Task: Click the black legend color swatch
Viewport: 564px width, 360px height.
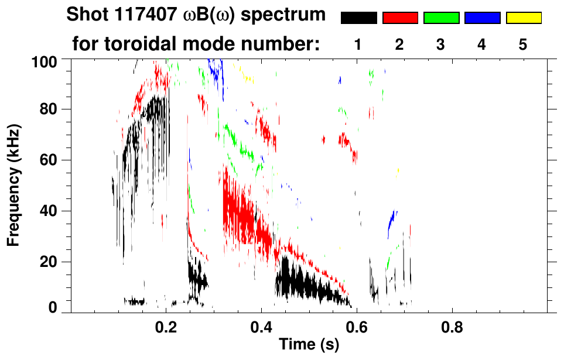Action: (x=358, y=18)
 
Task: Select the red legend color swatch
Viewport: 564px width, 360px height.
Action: (x=400, y=18)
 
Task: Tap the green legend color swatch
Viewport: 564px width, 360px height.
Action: (x=441, y=18)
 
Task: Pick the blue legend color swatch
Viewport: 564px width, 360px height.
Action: (x=482, y=18)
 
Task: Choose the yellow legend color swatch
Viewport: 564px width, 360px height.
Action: (x=524, y=18)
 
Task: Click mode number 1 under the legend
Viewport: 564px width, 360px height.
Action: (x=358, y=46)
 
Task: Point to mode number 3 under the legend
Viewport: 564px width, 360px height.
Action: (x=441, y=46)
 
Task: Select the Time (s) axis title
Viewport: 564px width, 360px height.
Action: (x=309, y=345)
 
